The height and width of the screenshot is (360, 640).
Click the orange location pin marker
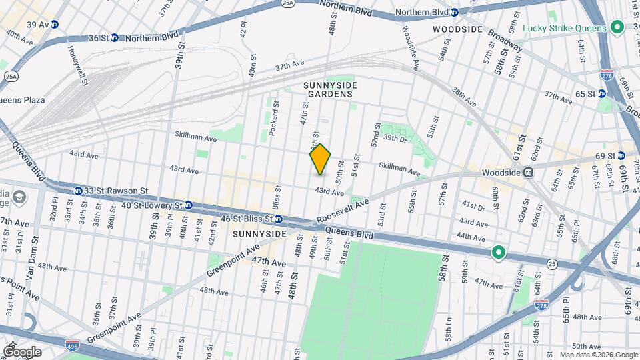pyautogui.click(x=321, y=159)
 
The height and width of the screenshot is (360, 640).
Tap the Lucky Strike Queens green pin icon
pyautogui.click(x=617, y=28)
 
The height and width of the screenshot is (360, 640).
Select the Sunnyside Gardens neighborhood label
pyautogui.click(x=330, y=89)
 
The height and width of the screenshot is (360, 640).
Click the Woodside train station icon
pyautogui.click(x=528, y=173)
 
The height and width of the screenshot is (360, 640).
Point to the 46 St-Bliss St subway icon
pyautogui.click(x=279, y=219)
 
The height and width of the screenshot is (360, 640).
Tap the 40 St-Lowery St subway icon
pyautogui.click(x=189, y=205)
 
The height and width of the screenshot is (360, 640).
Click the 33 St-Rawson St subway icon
pyautogui.click(x=79, y=191)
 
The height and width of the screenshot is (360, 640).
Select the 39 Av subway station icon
pyautogui.click(x=55, y=25)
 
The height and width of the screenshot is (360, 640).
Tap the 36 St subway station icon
pyautogui.click(x=114, y=38)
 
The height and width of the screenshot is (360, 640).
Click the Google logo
pyautogui.click(x=21, y=352)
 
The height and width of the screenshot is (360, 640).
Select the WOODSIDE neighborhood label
pyautogui.click(x=457, y=29)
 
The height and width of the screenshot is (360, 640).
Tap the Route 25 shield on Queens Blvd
pyautogui.click(x=551, y=265)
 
